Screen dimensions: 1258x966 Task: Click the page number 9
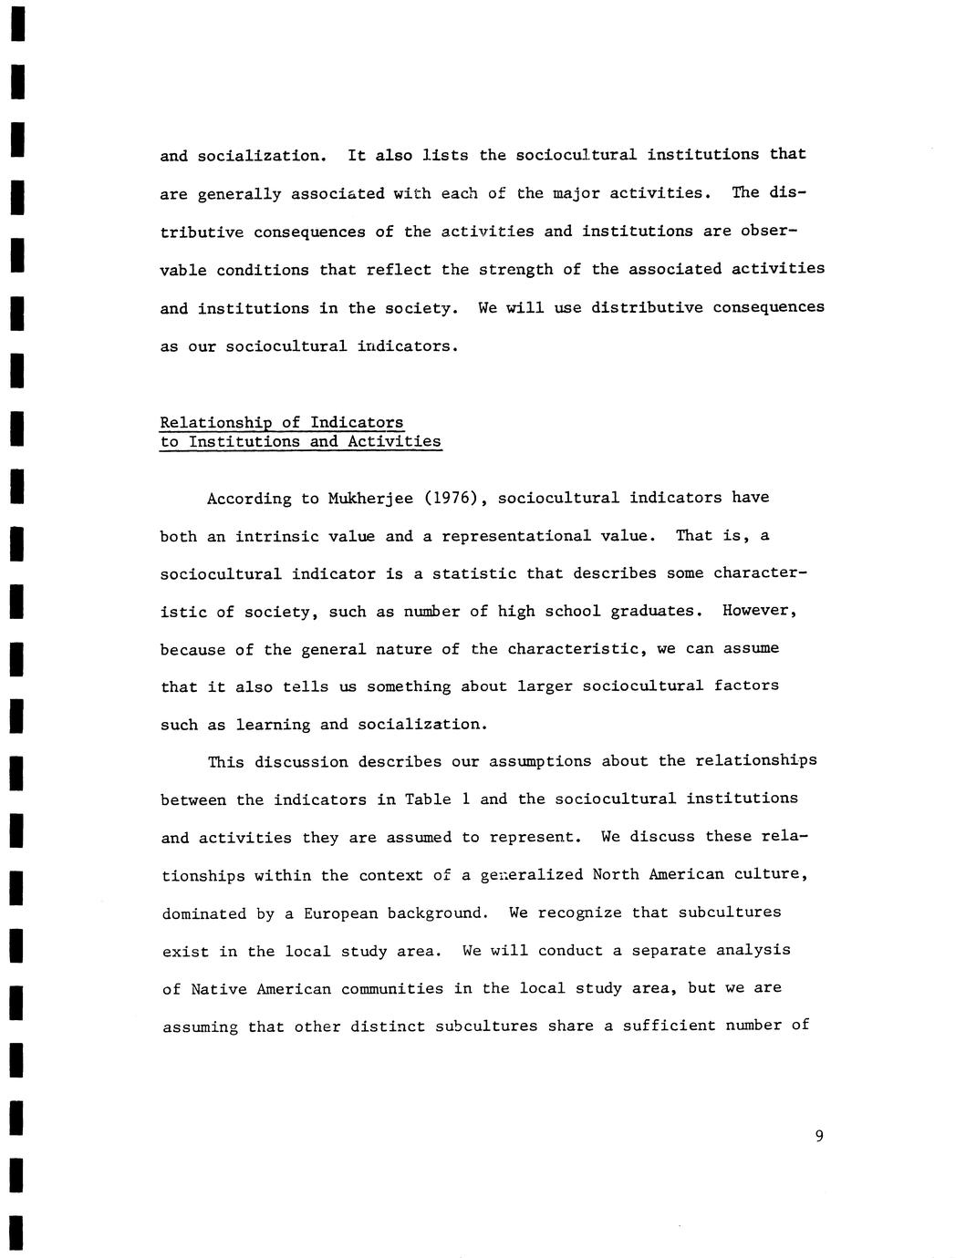[819, 1135]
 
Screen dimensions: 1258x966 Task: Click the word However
[759, 611]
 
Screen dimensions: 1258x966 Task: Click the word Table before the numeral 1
[428, 799]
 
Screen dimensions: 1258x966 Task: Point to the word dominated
[203, 913]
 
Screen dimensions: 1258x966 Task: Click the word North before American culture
[616, 875]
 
